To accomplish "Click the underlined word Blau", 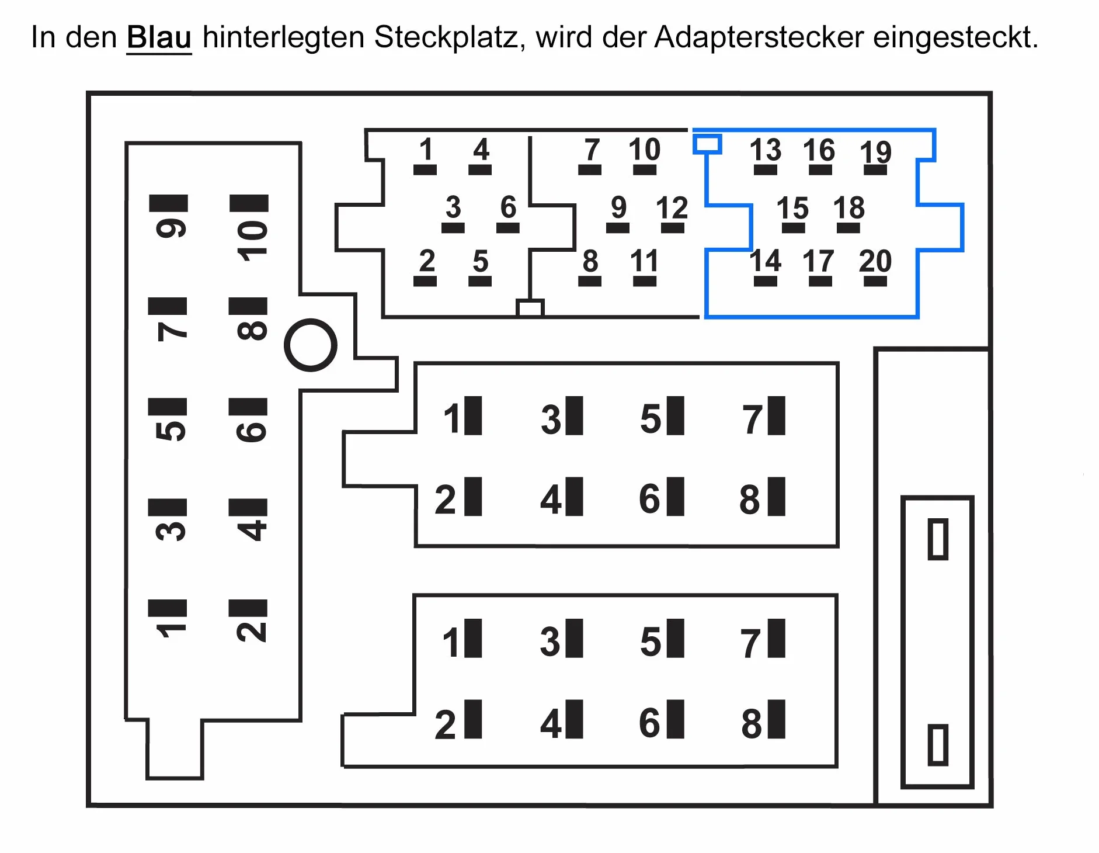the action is click(x=159, y=37).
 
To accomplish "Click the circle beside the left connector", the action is click(x=311, y=320).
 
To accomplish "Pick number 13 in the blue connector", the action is click(x=766, y=150).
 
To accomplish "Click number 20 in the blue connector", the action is click(x=875, y=261).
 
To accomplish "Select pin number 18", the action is click(x=849, y=208).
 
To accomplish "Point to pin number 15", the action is click(x=792, y=208).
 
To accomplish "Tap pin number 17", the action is click(x=818, y=261).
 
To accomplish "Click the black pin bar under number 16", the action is click(x=820, y=170).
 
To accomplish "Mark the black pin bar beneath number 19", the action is click(x=875, y=170).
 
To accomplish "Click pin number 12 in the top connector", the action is click(x=672, y=208).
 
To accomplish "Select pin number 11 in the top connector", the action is click(x=644, y=261).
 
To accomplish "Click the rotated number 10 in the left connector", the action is click(x=252, y=241).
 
